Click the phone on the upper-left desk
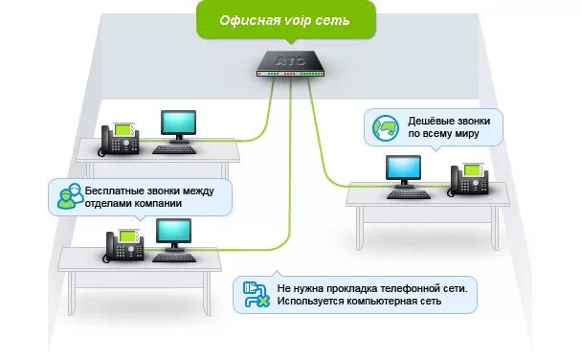[x=121, y=138]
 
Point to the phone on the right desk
[x=469, y=178]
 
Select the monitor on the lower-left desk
[x=173, y=234]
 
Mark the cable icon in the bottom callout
[x=256, y=294]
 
